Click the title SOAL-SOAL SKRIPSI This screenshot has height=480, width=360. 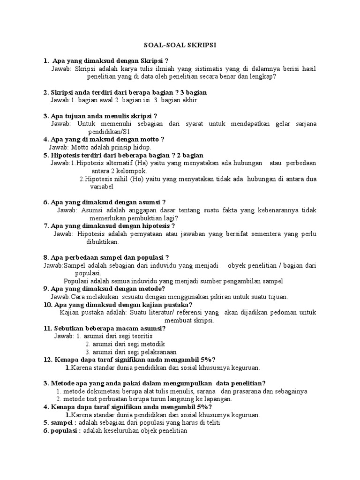[x=180, y=45]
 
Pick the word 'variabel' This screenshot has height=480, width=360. [x=103, y=186]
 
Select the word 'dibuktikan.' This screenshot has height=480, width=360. [x=103, y=242]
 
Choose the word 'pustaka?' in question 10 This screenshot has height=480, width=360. [x=173, y=305]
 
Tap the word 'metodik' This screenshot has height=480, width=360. [x=139, y=344]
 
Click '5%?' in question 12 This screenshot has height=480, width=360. [x=206, y=360]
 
